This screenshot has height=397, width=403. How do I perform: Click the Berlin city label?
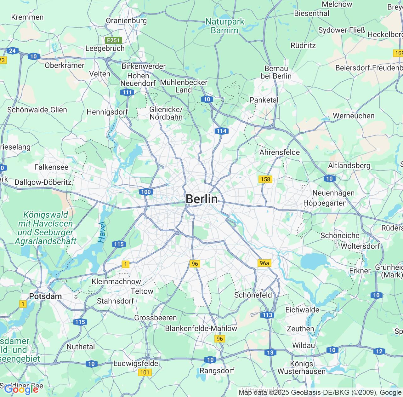point(201,199)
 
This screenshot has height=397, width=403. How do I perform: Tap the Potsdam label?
point(45,296)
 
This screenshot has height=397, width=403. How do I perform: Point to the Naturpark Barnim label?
point(225,26)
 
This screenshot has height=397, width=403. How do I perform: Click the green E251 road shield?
point(113,40)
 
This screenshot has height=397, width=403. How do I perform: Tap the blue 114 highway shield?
point(221,131)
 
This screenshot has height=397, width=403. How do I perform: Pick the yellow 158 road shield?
point(265,179)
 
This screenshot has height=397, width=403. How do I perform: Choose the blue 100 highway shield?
point(146,192)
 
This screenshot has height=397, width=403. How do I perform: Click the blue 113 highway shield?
point(267,315)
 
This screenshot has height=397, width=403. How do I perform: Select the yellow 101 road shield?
point(145,372)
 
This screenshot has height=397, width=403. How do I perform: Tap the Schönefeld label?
point(253,295)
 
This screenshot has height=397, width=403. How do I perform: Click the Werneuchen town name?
point(354,116)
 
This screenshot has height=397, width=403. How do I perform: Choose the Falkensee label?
point(51,167)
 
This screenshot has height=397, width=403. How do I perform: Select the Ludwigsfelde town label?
point(136,363)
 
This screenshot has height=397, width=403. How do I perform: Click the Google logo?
point(21,389)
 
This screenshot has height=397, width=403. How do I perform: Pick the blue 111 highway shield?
point(127,92)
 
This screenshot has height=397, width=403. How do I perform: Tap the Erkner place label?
point(360,271)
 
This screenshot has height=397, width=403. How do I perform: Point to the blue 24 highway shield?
point(13,51)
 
